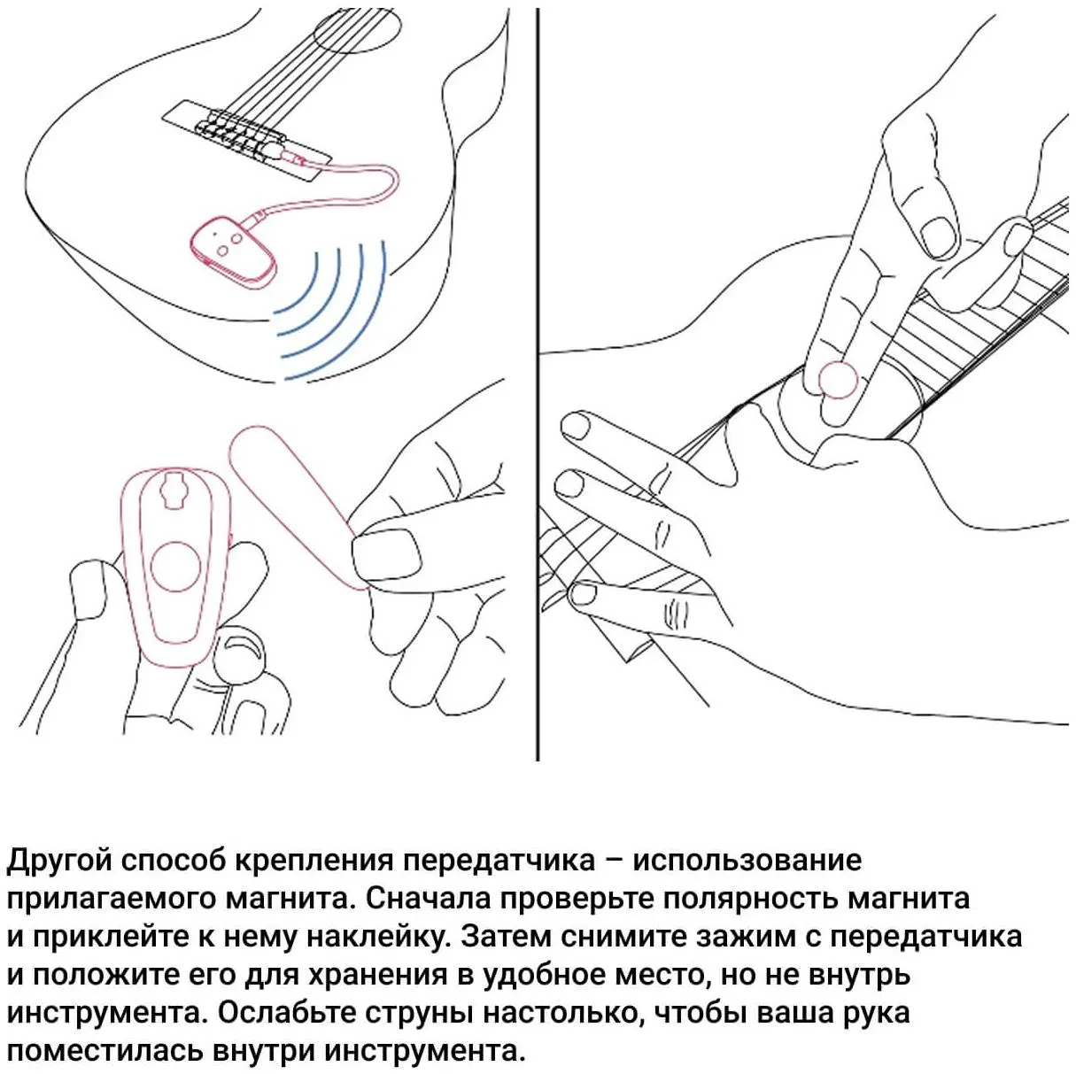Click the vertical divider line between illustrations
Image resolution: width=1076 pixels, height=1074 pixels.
(538, 384)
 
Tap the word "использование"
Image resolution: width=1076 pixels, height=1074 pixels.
(747, 862)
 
